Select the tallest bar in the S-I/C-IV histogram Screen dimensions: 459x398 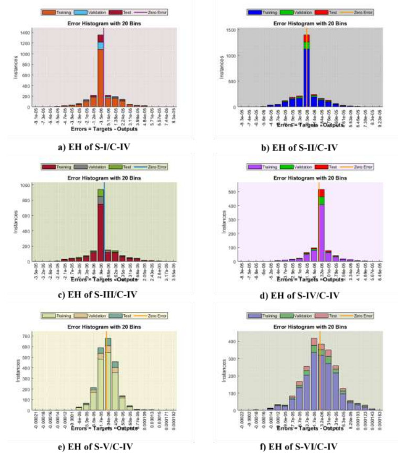100,73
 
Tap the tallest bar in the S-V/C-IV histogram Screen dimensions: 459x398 108,378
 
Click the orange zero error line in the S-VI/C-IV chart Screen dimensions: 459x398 319,367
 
